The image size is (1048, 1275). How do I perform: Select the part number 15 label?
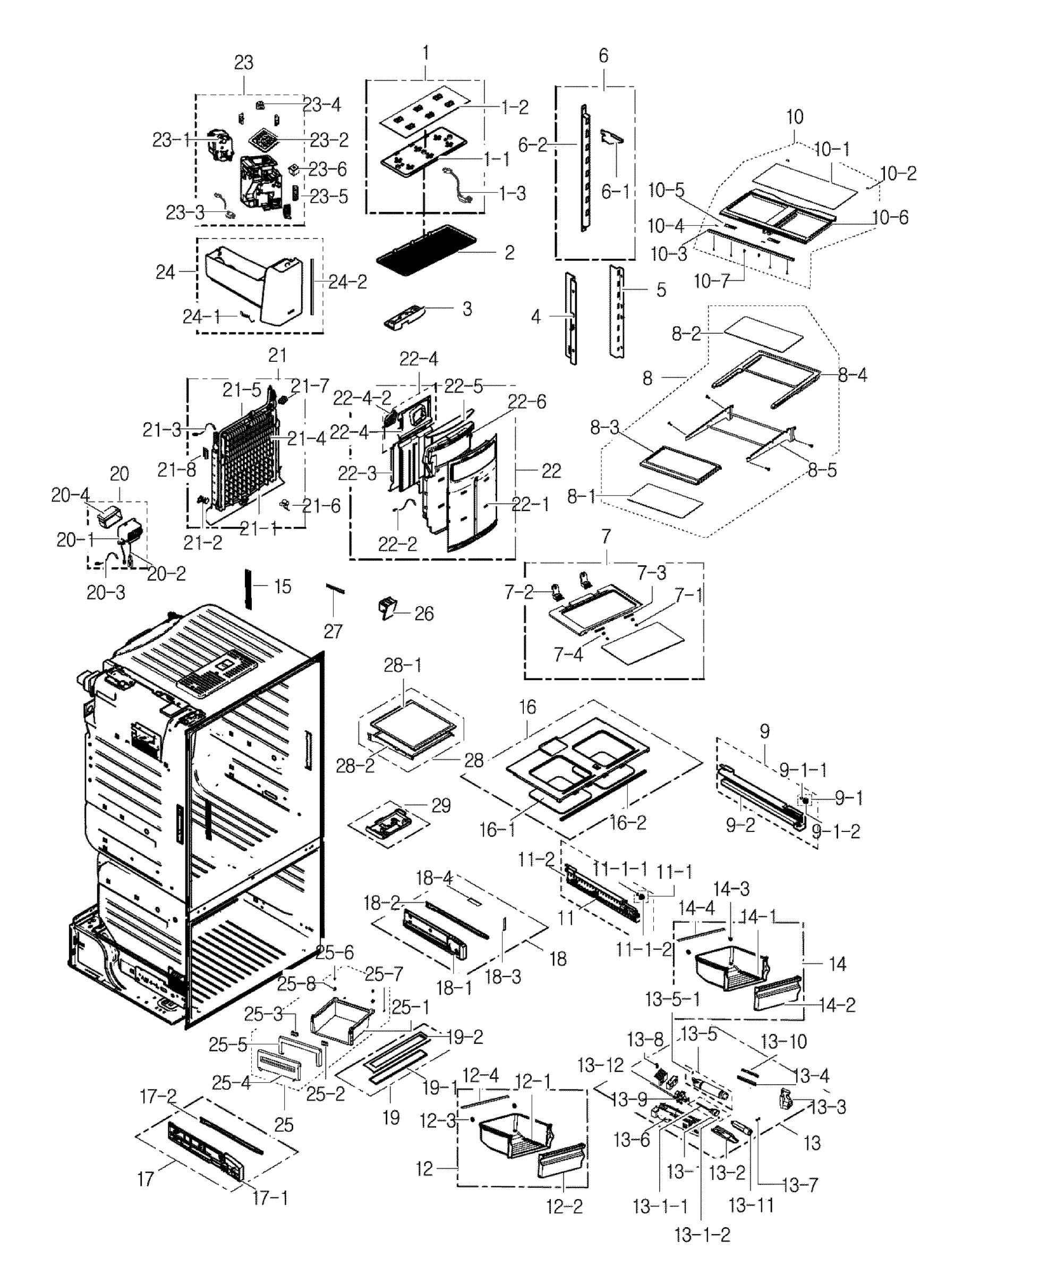283,586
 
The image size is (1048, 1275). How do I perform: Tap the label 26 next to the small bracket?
424,614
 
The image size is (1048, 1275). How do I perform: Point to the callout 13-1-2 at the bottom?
702,1235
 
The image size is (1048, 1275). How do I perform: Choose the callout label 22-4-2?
362,398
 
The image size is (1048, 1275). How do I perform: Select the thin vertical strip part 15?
247,588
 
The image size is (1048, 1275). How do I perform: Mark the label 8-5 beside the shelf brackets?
822,470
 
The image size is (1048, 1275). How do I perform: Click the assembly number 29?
441,805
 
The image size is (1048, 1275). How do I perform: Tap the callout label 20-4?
70,495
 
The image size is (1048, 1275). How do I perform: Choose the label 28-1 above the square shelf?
403,665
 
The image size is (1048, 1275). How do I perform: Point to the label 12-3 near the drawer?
437,1121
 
